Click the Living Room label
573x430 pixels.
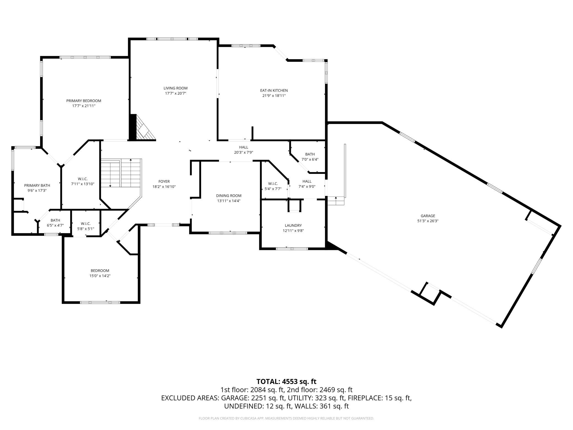pyautogui.click(x=175, y=88)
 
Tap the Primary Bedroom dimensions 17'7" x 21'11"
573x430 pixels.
pyautogui.click(x=84, y=106)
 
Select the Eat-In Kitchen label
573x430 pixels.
pyautogui.click(x=274, y=90)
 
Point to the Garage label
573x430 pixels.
pyautogui.click(x=428, y=216)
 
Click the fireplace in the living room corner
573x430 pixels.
pyautogui.click(x=142, y=128)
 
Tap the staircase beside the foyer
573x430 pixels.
pyautogui.click(x=121, y=173)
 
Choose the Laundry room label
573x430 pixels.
pyautogui.click(x=293, y=225)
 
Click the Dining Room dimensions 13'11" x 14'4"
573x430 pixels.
pyautogui.click(x=229, y=201)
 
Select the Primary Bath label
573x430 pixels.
pyautogui.click(x=37, y=186)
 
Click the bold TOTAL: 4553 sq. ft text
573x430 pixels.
pyautogui.click(x=286, y=381)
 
